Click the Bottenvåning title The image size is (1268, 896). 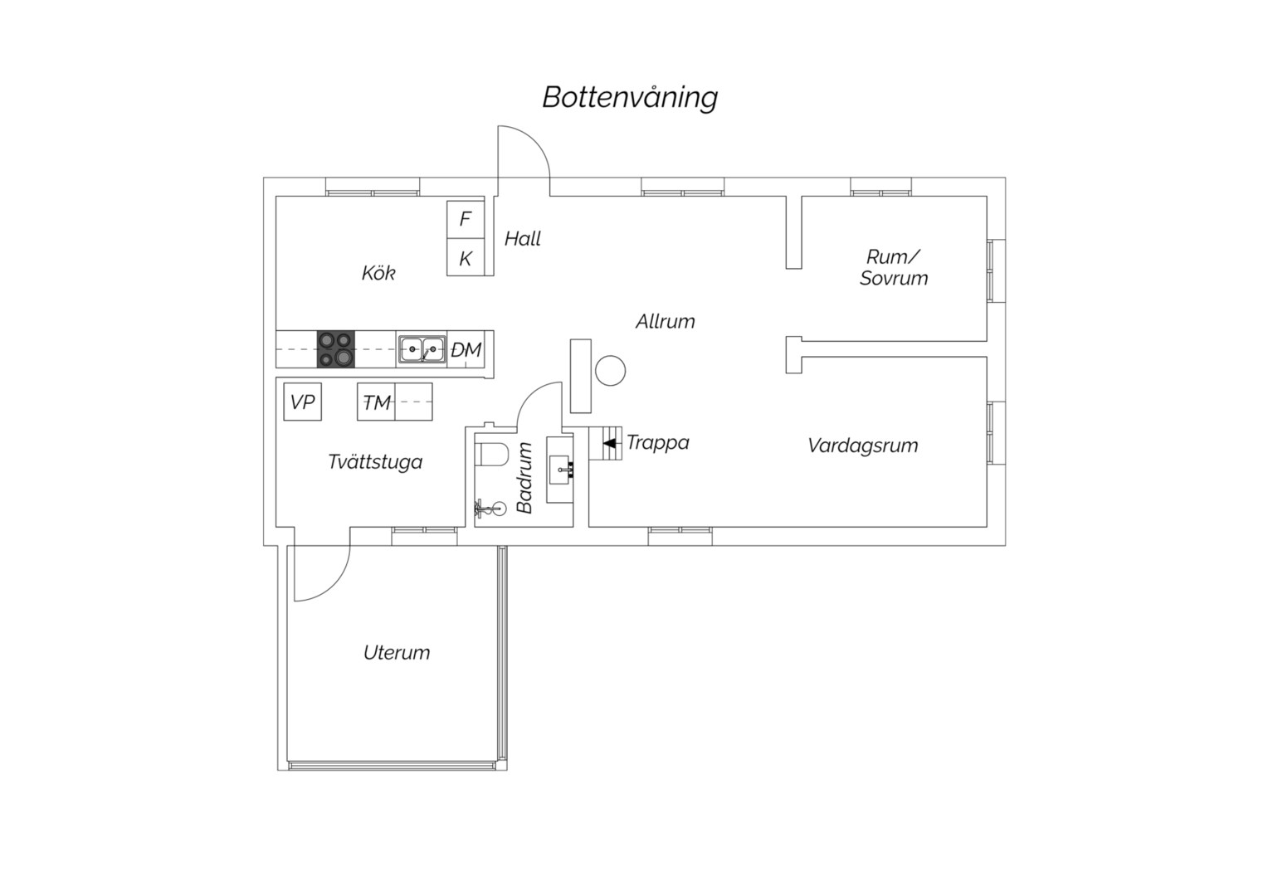click(630, 99)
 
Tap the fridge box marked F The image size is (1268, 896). click(466, 220)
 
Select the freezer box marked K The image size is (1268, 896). click(466, 257)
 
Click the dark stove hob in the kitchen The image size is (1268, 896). click(335, 349)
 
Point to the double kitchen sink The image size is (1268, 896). click(422, 349)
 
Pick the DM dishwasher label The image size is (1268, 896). click(466, 350)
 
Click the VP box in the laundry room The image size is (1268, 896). click(302, 402)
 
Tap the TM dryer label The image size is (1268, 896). click(377, 402)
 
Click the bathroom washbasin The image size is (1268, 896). click(560, 470)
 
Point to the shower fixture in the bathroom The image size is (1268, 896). click(488, 509)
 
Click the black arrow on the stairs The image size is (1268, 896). click(609, 443)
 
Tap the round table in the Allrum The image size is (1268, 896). click(610, 371)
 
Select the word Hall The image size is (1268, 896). click(523, 239)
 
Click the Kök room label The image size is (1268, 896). click(378, 274)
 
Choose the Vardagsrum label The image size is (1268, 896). click(863, 446)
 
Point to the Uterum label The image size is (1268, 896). click(397, 653)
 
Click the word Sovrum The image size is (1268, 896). click(894, 279)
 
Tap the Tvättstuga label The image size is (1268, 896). click(375, 462)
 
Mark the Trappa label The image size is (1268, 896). click(658, 443)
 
